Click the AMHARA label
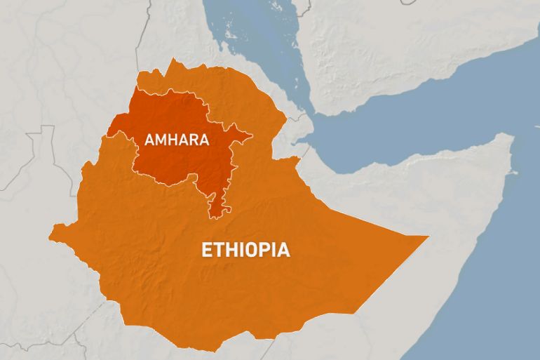click(x=177, y=139)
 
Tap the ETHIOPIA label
click(x=245, y=250)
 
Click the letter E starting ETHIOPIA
click(x=206, y=250)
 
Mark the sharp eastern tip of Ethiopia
click(x=426, y=237)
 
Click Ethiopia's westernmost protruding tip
click(x=50, y=227)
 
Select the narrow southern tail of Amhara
click(x=218, y=205)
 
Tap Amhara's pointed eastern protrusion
click(x=249, y=133)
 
